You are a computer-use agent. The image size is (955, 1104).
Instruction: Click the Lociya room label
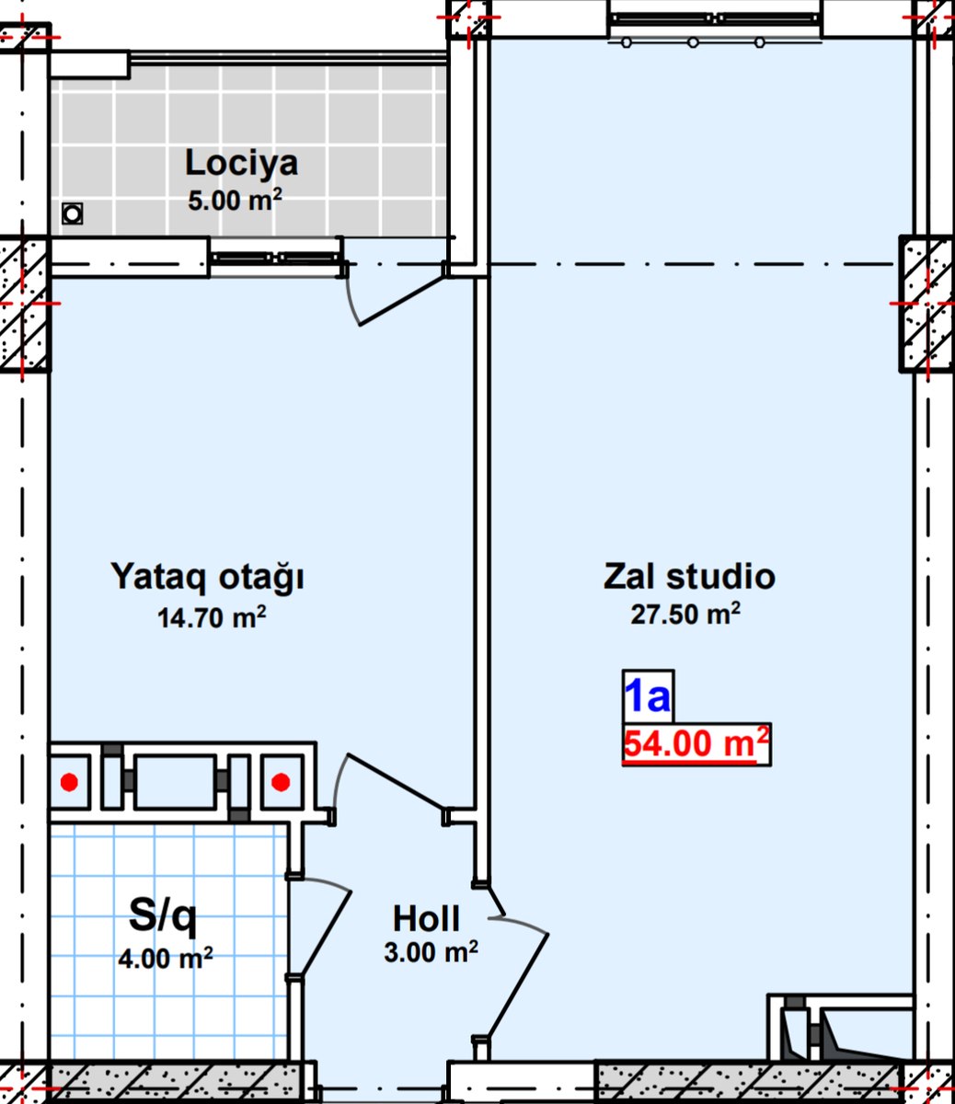(x=241, y=163)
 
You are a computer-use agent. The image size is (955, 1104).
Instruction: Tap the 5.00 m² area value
(x=235, y=201)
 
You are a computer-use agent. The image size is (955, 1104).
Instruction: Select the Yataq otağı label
(x=207, y=578)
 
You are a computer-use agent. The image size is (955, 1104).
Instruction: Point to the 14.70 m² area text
(x=212, y=617)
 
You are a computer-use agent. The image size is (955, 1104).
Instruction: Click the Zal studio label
(x=689, y=576)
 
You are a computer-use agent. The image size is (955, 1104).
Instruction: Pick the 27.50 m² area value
(x=685, y=614)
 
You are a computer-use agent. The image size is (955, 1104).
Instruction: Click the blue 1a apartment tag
(x=648, y=696)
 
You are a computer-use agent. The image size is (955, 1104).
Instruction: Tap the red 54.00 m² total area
(x=696, y=743)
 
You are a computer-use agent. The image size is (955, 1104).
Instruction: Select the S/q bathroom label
(x=163, y=916)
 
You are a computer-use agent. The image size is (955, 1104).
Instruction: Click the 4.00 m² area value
(x=166, y=959)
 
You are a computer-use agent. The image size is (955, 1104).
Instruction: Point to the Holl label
(x=426, y=919)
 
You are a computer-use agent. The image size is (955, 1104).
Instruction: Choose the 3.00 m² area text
(x=431, y=951)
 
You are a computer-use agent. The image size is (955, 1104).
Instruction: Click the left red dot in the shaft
(x=69, y=783)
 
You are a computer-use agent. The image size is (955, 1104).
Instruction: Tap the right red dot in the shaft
(x=281, y=783)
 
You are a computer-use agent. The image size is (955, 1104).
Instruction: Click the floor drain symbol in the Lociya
(x=72, y=214)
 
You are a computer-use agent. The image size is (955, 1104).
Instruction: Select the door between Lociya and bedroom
(x=402, y=301)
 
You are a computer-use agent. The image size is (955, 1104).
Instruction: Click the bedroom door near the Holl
(x=397, y=781)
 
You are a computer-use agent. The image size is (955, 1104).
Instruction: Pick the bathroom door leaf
(x=326, y=935)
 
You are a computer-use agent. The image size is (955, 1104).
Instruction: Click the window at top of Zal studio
(x=715, y=18)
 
